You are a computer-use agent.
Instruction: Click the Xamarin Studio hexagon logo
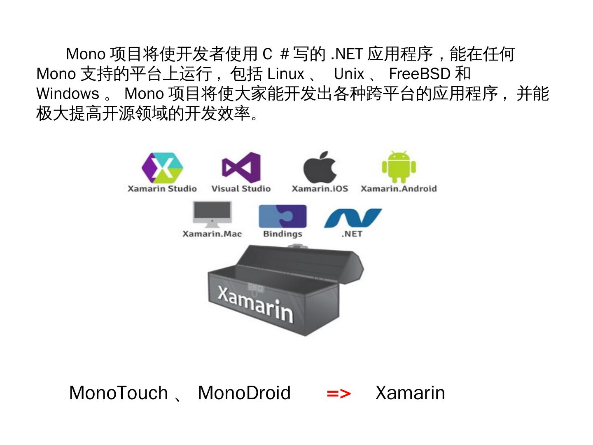pos(162,167)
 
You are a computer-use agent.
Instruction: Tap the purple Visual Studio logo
pos(241,167)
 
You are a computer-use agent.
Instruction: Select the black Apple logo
pos(320,166)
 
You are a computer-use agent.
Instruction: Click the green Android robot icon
pos(399,167)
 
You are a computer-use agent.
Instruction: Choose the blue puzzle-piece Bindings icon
pos(282,216)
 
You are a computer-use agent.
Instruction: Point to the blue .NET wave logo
pos(353,218)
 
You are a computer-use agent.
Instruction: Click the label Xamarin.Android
pos(399,189)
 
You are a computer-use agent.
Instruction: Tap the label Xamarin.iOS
pos(320,189)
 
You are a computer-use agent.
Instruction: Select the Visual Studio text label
pos(241,189)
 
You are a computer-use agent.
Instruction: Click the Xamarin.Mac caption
pos(212,234)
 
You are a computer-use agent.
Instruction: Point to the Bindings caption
pos(282,234)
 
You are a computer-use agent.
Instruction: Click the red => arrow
pos(339,393)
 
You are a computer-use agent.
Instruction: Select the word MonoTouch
pos(119,393)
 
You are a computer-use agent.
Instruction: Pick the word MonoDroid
pos(244,393)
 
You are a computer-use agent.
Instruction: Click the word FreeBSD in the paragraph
pos(420,74)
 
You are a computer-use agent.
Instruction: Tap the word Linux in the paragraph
pos(286,74)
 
